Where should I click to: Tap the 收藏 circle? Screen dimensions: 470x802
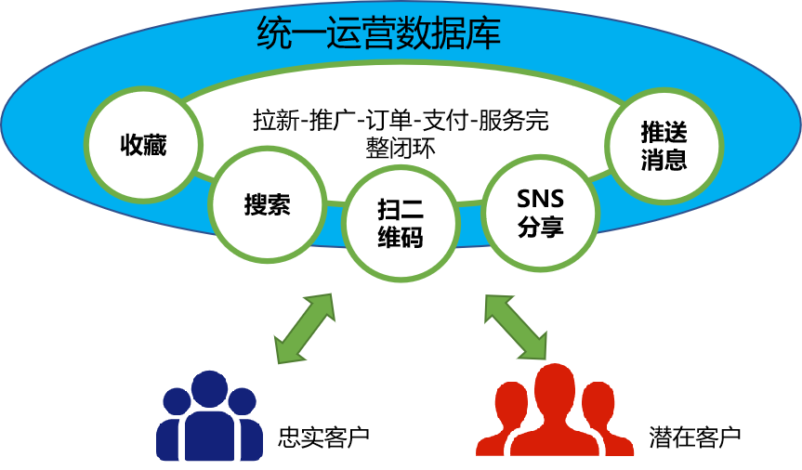click(x=143, y=146)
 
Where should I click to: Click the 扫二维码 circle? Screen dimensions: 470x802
click(x=401, y=224)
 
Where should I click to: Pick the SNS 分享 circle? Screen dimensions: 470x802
click(x=540, y=213)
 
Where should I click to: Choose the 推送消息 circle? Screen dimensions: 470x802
click(x=664, y=146)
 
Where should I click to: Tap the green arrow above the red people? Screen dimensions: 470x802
click(x=516, y=327)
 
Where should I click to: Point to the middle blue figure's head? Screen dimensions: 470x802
click(x=208, y=388)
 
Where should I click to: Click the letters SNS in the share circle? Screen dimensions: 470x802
click(x=540, y=199)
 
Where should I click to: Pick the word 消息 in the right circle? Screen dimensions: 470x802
click(x=664, y=160)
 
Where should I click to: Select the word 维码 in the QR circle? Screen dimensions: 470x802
click(x=401, y=238)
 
